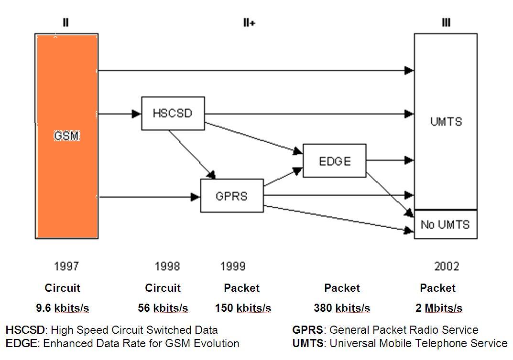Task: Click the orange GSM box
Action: (66, 136)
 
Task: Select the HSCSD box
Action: (173, 113)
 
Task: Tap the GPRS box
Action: (232, 196)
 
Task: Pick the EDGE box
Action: (335, 161)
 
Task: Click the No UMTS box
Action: (445, 224)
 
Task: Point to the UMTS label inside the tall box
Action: (446, 121)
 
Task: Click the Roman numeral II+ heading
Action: (249, 22)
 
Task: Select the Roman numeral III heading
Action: (446, 22)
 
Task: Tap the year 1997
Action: (66, 266)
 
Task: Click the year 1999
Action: (233, 266)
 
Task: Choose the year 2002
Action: (447, 266)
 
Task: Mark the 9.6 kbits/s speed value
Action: (62, 308)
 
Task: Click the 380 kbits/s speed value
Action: (342, 308)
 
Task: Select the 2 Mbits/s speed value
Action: (439, 308)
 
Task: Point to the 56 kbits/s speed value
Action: (163, 308)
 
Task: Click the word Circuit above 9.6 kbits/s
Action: (62, 288)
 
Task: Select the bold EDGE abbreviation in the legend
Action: (19, 343)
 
